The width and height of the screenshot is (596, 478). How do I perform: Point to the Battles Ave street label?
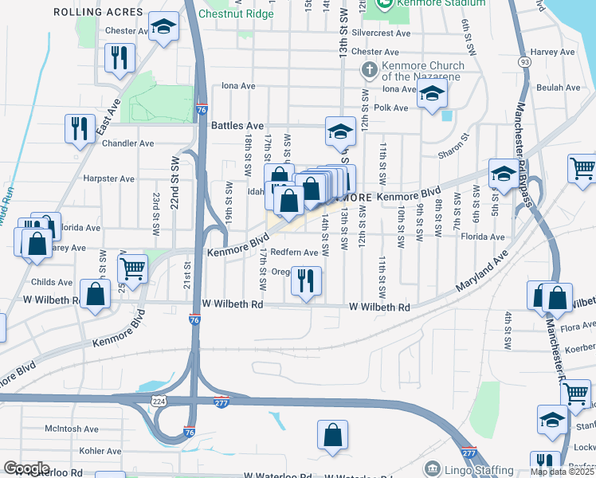click(x=237, y=126)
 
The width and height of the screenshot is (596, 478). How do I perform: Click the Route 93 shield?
click(x=523, y=61)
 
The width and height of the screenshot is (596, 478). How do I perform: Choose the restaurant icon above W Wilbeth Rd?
click(x=306, y=280)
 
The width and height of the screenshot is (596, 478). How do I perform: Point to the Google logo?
click(x=26, y=468)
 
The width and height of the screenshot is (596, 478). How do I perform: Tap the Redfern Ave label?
click(x=294, y=253)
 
